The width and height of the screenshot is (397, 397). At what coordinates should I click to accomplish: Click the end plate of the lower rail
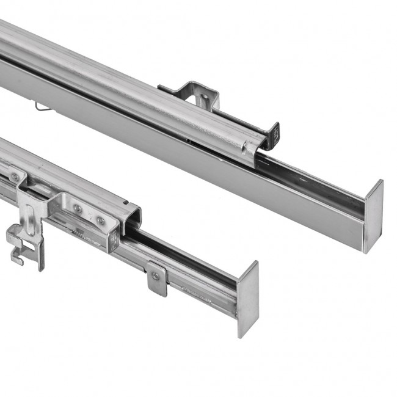click(x=248, y=299)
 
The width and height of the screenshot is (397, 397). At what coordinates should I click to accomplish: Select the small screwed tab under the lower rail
click(x=157, y=278)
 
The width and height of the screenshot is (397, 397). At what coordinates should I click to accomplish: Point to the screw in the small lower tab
click(x=156, y=275)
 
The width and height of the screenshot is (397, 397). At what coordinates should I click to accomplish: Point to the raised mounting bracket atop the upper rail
click(x=192, y=92)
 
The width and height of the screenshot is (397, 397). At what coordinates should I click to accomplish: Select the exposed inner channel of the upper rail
click(x=311, y=180)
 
